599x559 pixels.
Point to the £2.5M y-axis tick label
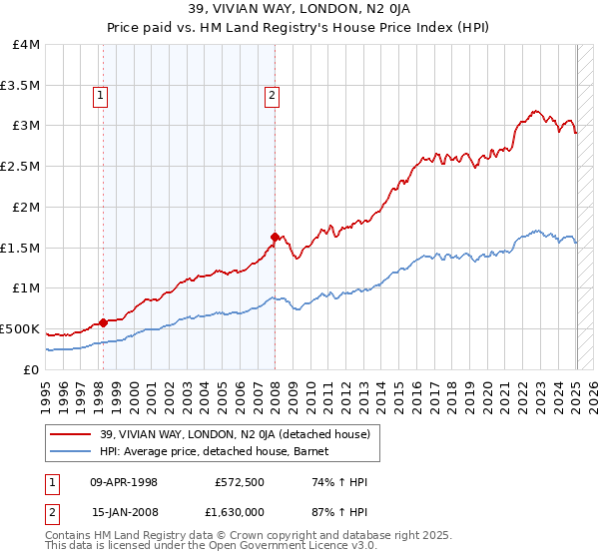pyautogui.click(x=20, y=166)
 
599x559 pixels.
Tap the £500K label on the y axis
pyautogui.click(x=20, y=328)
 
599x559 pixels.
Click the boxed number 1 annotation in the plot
pyautogui.click(x=102, y=96)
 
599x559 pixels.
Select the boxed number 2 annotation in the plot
pyautogui.click(x=272, y=96)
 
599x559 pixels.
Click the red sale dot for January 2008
pyautogui.click(x=275, y=237)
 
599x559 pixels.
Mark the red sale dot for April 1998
pyautogui.click(x=103, y=322)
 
